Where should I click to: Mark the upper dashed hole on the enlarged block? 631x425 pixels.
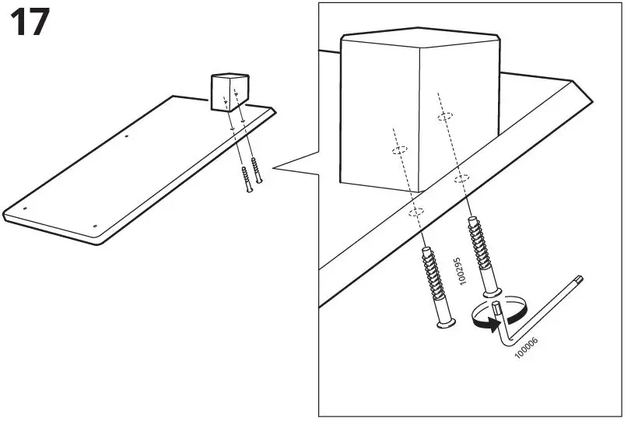(444, 116)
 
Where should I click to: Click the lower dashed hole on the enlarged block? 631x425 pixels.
(398, 149)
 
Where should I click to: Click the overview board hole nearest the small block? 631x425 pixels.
(128, 140)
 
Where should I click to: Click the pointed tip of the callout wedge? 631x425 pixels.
(275, 167)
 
